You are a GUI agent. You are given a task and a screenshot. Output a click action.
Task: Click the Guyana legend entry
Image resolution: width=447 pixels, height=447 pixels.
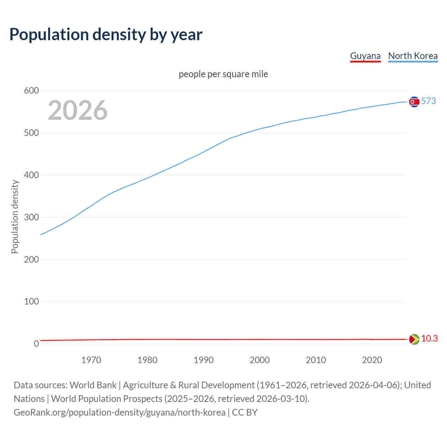pos(365,56)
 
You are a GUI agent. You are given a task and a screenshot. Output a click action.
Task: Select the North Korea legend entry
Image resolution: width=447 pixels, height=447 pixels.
pos(413,56)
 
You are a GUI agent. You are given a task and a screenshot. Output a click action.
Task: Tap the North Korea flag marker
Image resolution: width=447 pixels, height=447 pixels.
pos(414,102)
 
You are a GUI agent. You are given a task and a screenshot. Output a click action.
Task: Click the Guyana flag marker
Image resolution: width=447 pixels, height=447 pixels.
pos(414,339)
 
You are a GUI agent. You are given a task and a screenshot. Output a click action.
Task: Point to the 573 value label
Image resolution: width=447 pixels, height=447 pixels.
pos(428,101)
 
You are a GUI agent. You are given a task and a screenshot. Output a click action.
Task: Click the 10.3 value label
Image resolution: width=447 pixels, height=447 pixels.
pos(429,339)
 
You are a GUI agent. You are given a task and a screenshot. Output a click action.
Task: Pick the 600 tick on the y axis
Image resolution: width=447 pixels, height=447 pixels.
pos(31,91)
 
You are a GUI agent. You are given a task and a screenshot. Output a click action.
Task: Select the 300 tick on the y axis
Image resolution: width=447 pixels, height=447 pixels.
pos(31,217)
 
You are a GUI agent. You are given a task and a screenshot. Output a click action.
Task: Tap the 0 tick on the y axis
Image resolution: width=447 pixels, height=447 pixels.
pos(36,344)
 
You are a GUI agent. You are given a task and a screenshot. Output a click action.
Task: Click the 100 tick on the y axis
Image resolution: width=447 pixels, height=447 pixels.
pos(31,301)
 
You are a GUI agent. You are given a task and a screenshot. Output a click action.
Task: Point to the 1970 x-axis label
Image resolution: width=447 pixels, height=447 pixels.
pos(91,360)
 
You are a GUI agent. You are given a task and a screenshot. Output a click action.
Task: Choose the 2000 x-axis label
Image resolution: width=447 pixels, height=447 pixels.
pos(259,360)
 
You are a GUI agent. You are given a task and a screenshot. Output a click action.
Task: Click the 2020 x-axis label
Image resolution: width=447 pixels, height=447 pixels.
pos(372,360)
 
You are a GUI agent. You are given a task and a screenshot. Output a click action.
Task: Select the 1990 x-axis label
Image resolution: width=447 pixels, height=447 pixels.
pos(203,360)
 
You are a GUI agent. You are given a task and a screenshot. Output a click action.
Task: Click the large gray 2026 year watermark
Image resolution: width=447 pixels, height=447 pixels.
pos(78,110)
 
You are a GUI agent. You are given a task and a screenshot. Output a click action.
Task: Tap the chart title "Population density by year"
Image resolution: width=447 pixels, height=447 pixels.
pos(106,34)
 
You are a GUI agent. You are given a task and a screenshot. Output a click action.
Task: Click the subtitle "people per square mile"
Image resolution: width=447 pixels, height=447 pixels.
pos(223,74)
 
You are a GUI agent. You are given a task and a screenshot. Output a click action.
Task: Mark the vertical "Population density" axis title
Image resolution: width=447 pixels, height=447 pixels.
pos(15,217)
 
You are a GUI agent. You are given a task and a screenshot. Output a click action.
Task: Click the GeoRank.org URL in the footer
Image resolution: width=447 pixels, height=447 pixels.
pos(119,412)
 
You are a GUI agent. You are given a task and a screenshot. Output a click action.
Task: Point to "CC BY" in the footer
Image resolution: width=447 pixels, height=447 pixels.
pos(244,412)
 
